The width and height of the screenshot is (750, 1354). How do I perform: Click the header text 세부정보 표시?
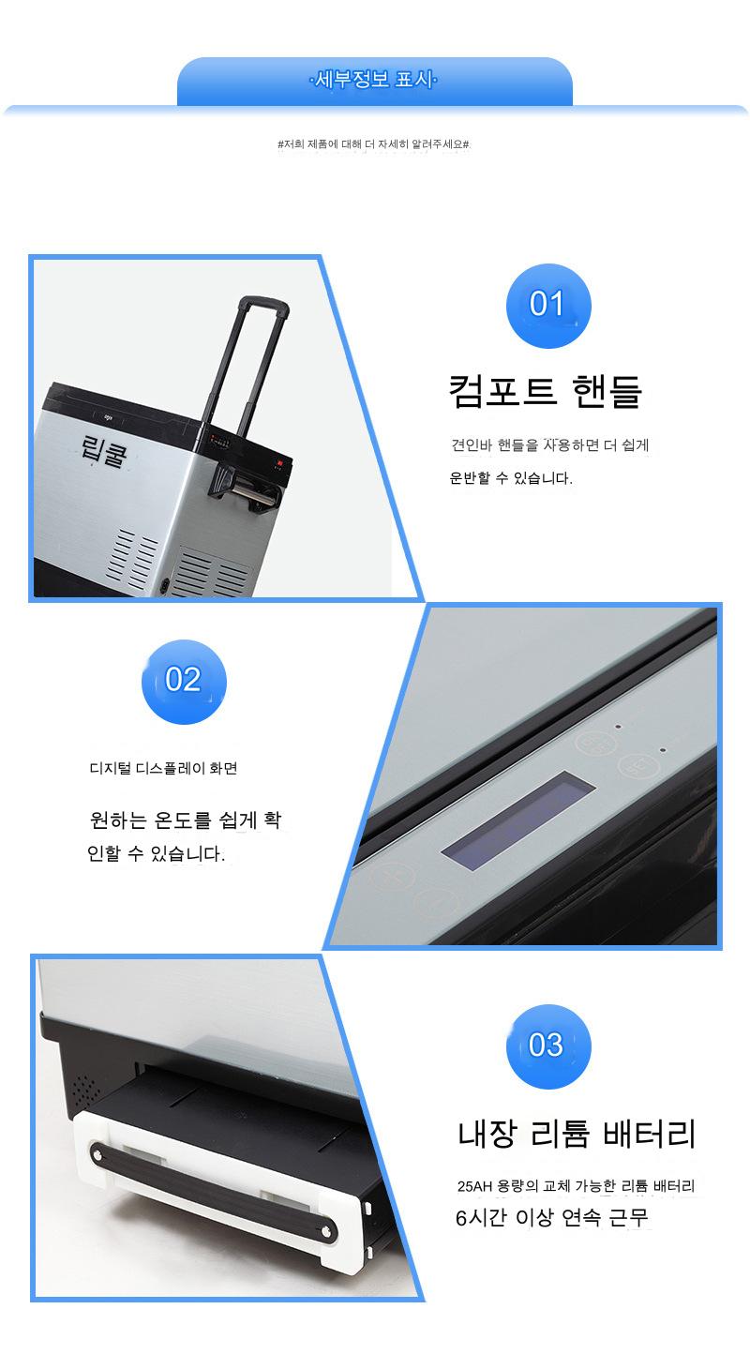pyautogui.click(x=374, y=79)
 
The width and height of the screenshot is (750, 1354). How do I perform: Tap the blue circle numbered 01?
pyautogui.click(x=548, y=306)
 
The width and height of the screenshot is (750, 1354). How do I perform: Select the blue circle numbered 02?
pyautogui.click(x=184, y=682)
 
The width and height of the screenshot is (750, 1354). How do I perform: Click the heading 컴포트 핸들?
pyautogui.click(x=545, y=392)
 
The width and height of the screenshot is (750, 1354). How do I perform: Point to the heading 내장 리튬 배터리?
pyautogui.click(x=577, y=1134)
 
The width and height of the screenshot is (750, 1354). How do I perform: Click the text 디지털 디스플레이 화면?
pyautogui.click(x=163, y=768)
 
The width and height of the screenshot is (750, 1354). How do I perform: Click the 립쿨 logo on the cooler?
pyautogui.click(x=104, y=451)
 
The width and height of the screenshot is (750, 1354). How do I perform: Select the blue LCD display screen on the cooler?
pyautogui.click(x=518, y=820)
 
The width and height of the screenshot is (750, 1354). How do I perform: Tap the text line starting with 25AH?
pyautogui.click(x=576, y=1185)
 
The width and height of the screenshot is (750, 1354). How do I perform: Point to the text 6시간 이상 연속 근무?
pyautogui.click(x=552, y=1217)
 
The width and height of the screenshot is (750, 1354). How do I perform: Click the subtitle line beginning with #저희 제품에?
pyautogui.click(x=373, y=143)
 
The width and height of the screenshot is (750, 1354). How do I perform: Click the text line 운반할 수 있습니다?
pyautogui.click(x=511, y=478)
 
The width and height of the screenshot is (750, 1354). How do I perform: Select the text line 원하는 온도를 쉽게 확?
pyautogui.click(x=185, y=820)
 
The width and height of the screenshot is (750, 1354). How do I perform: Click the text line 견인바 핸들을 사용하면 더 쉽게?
pyautogui.click(x=550, y=444)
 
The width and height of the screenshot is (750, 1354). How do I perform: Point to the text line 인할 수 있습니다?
pyautogui.click(x=156, y=853)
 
